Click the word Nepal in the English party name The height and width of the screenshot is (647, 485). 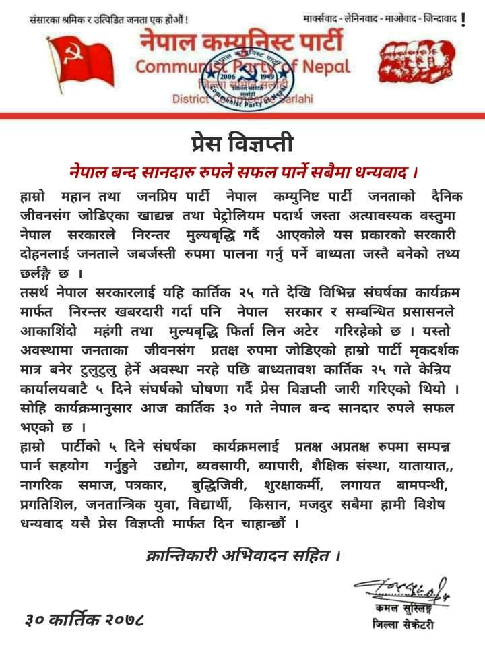326,67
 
